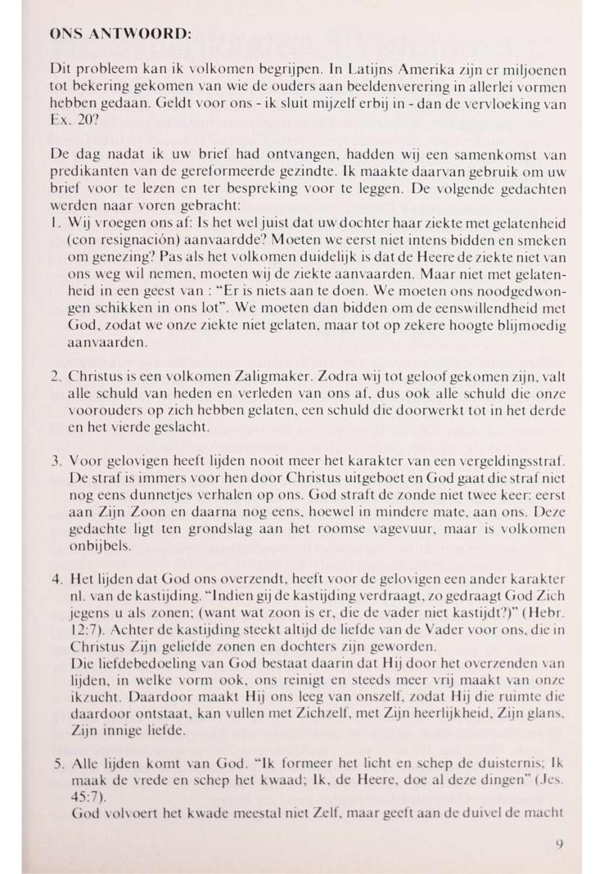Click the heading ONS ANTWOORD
click(120, 36)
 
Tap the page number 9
click(559, 843)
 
